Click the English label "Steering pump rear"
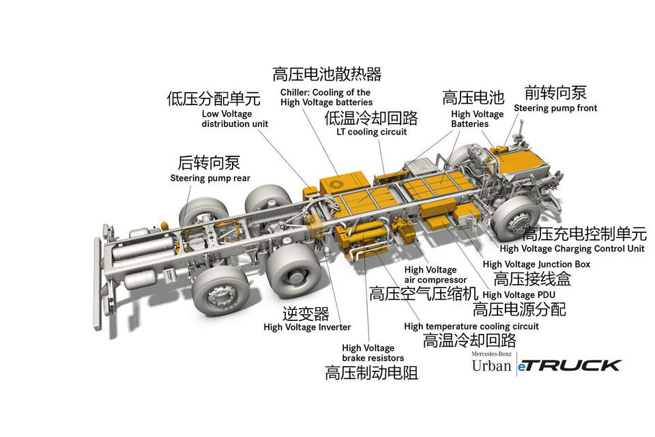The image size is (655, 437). (x=210, y=179)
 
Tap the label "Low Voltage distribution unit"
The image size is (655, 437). (x=235, y=119)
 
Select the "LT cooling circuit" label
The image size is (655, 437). (x=371, y=132)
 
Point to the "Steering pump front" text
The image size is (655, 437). (x=555, y=109)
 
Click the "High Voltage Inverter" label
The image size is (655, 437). (x=307, y=327)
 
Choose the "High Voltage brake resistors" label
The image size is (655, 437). (x=373, y=353)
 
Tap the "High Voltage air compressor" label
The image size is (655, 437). (x=435, y=274)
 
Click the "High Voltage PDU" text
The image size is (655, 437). (x=519, y=295)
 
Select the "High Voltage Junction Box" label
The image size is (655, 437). (x=536, y=264)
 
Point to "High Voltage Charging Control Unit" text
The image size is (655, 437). (x=572, y=249)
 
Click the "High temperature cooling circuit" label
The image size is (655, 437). (x=471, y=326)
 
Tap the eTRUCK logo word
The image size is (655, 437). (x=569, y=366)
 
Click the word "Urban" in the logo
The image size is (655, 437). (x=492, y=366)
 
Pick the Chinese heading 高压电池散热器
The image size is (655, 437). (x=327, y=74)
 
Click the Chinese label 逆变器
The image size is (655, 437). (x=306, y=313)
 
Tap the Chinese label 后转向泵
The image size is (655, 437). (x=209, y=163)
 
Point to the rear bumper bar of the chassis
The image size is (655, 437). (x=98, y=284)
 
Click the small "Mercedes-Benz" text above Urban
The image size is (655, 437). (x=492, y=354)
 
